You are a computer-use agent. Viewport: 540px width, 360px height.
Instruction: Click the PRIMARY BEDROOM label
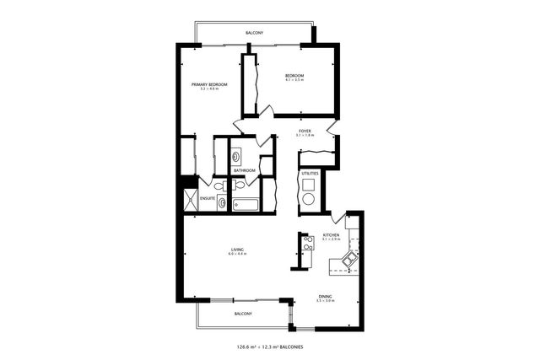[209, 84]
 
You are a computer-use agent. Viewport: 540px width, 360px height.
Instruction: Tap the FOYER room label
[304, 131]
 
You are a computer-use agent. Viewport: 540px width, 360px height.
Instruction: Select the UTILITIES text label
[310, 174]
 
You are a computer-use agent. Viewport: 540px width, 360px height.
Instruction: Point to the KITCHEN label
[331, 235]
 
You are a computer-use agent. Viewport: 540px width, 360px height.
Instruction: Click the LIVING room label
[237, 250]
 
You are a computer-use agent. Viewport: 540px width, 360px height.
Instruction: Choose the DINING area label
[325, 296]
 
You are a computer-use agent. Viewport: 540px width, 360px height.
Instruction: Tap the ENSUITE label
[208, 199]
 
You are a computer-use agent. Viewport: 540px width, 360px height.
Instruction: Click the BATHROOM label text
[245, 170]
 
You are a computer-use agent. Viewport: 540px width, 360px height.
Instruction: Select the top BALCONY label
[254, 33]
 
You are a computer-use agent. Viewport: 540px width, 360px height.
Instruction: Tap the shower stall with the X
[192, 201]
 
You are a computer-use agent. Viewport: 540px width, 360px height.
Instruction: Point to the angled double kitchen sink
[348, 261]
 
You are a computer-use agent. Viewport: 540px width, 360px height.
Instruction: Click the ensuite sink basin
[221, 201]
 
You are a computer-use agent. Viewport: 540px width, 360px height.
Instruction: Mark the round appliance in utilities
[309, 200]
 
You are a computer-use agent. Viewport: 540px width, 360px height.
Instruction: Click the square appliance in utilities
[309, 184]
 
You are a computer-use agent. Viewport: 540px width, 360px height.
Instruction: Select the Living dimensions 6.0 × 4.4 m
[237, 255]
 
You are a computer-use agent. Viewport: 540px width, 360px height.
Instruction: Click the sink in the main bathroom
[236, 156]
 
